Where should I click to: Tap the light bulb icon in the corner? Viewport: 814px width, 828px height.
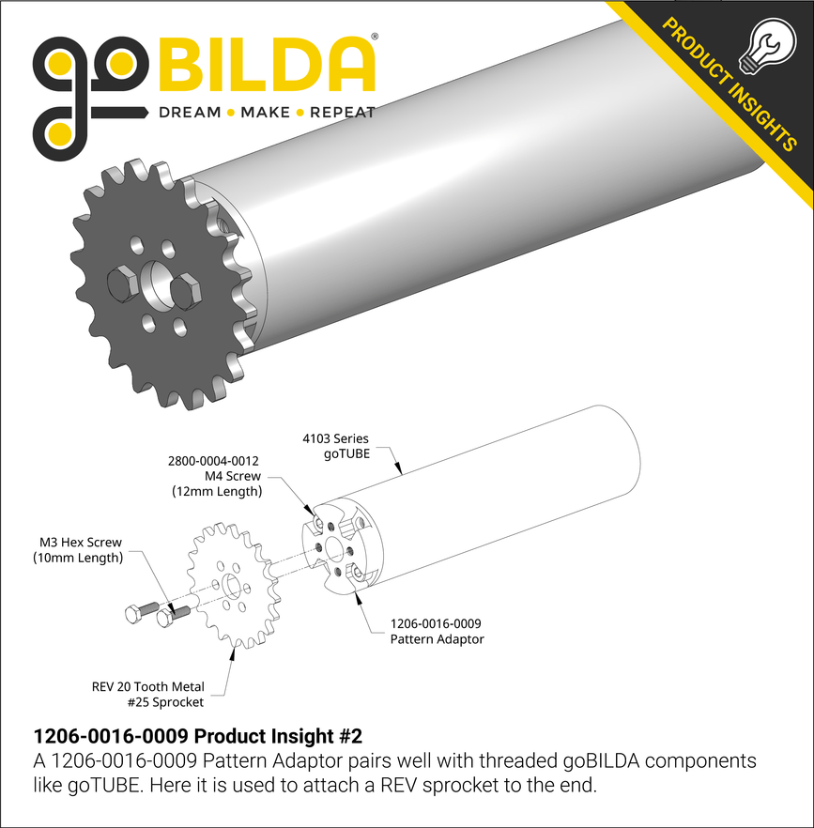click(765, 44)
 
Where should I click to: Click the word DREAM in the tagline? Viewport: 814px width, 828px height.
click(189, 113)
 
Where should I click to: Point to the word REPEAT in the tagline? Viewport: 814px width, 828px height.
click(342, 113)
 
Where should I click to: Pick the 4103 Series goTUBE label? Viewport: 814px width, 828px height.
click(336, 445)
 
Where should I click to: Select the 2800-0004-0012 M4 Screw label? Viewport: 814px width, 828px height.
click(214, 476)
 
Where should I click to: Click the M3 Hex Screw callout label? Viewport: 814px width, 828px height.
click(81, 550)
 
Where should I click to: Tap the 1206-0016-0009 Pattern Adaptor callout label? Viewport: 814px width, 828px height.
click(437, 631)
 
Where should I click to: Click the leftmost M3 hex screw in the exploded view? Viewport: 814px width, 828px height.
click(135, 615)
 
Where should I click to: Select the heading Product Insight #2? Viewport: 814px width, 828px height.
click(197, 736)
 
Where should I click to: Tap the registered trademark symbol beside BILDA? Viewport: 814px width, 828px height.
click(376, 38)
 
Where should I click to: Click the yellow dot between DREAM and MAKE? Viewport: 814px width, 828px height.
click(231, 113)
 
